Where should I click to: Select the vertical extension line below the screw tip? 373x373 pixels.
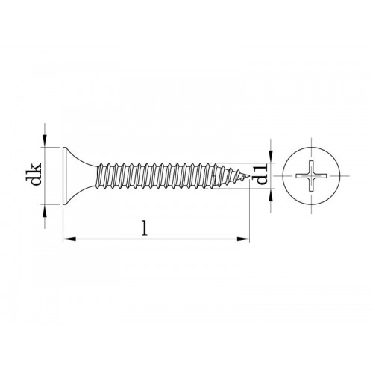pyautogui.click(x=248, y=216)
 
